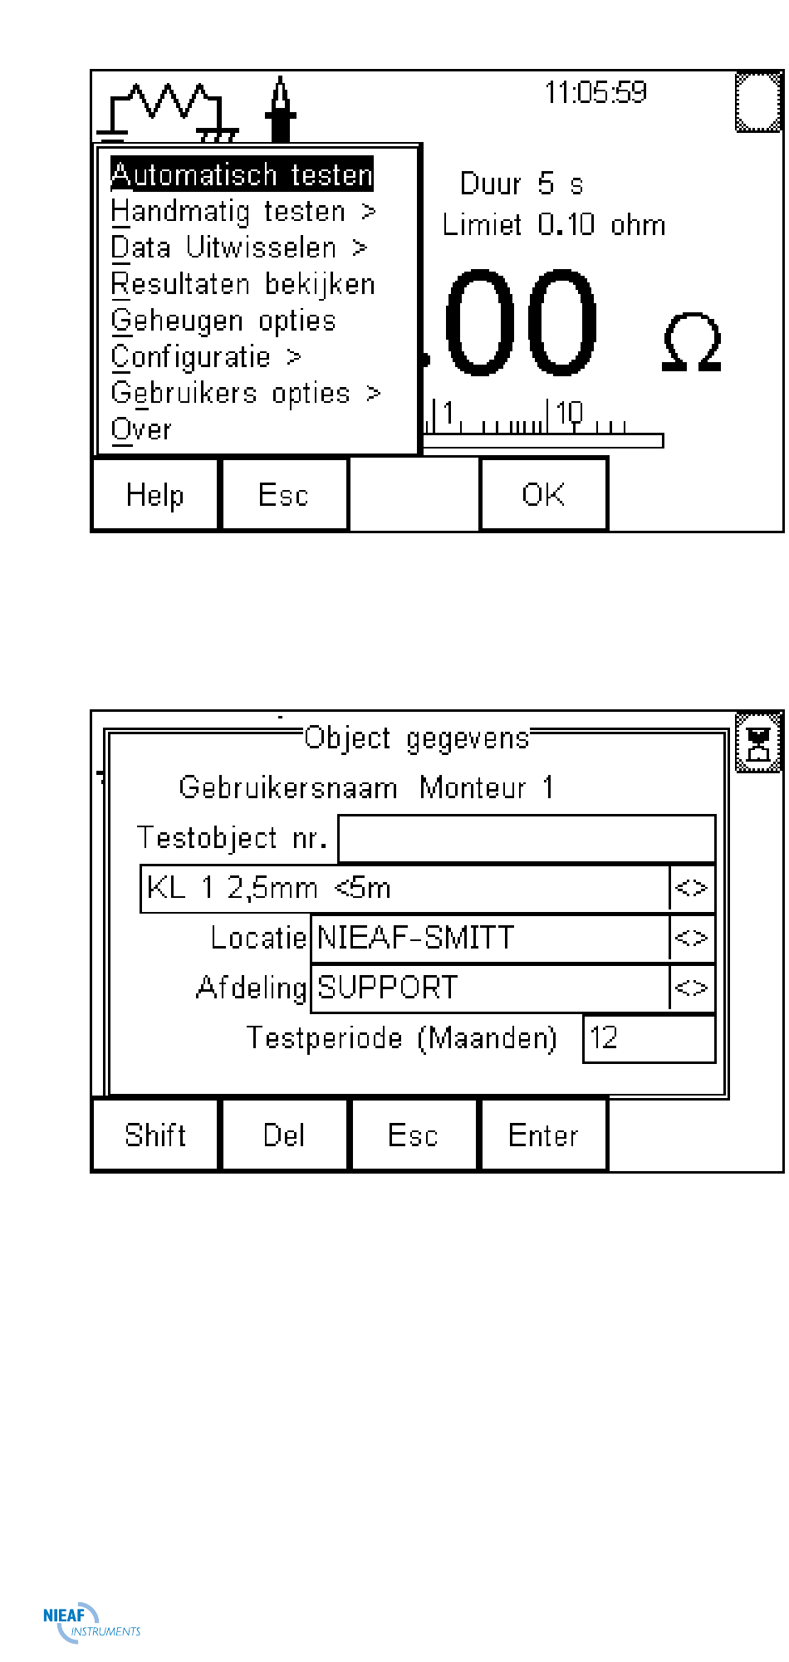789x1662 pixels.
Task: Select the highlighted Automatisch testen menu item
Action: click(242, 174)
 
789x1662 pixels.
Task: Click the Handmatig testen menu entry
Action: click(243, 212)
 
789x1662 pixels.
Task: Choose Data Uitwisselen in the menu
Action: click(238, 248)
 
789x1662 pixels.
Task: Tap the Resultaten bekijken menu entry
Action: click(243, 284)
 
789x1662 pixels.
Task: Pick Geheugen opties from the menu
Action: click(223, 321)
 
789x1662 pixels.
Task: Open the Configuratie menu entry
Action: click(206, 357)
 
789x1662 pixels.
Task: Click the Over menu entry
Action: click(141, 429)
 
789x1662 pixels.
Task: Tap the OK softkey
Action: click(543, 495)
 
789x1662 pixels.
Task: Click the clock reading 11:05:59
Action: click(595, 92)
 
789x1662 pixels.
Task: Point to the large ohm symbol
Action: click(692, 342)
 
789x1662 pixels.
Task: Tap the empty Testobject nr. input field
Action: click(527, 839)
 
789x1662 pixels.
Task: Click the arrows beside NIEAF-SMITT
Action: click(691, 939)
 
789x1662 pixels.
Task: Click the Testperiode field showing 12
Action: click(649, 1038)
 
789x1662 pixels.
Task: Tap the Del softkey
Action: click(284, 1135)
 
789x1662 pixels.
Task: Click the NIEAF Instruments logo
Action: click(91, 1622)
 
